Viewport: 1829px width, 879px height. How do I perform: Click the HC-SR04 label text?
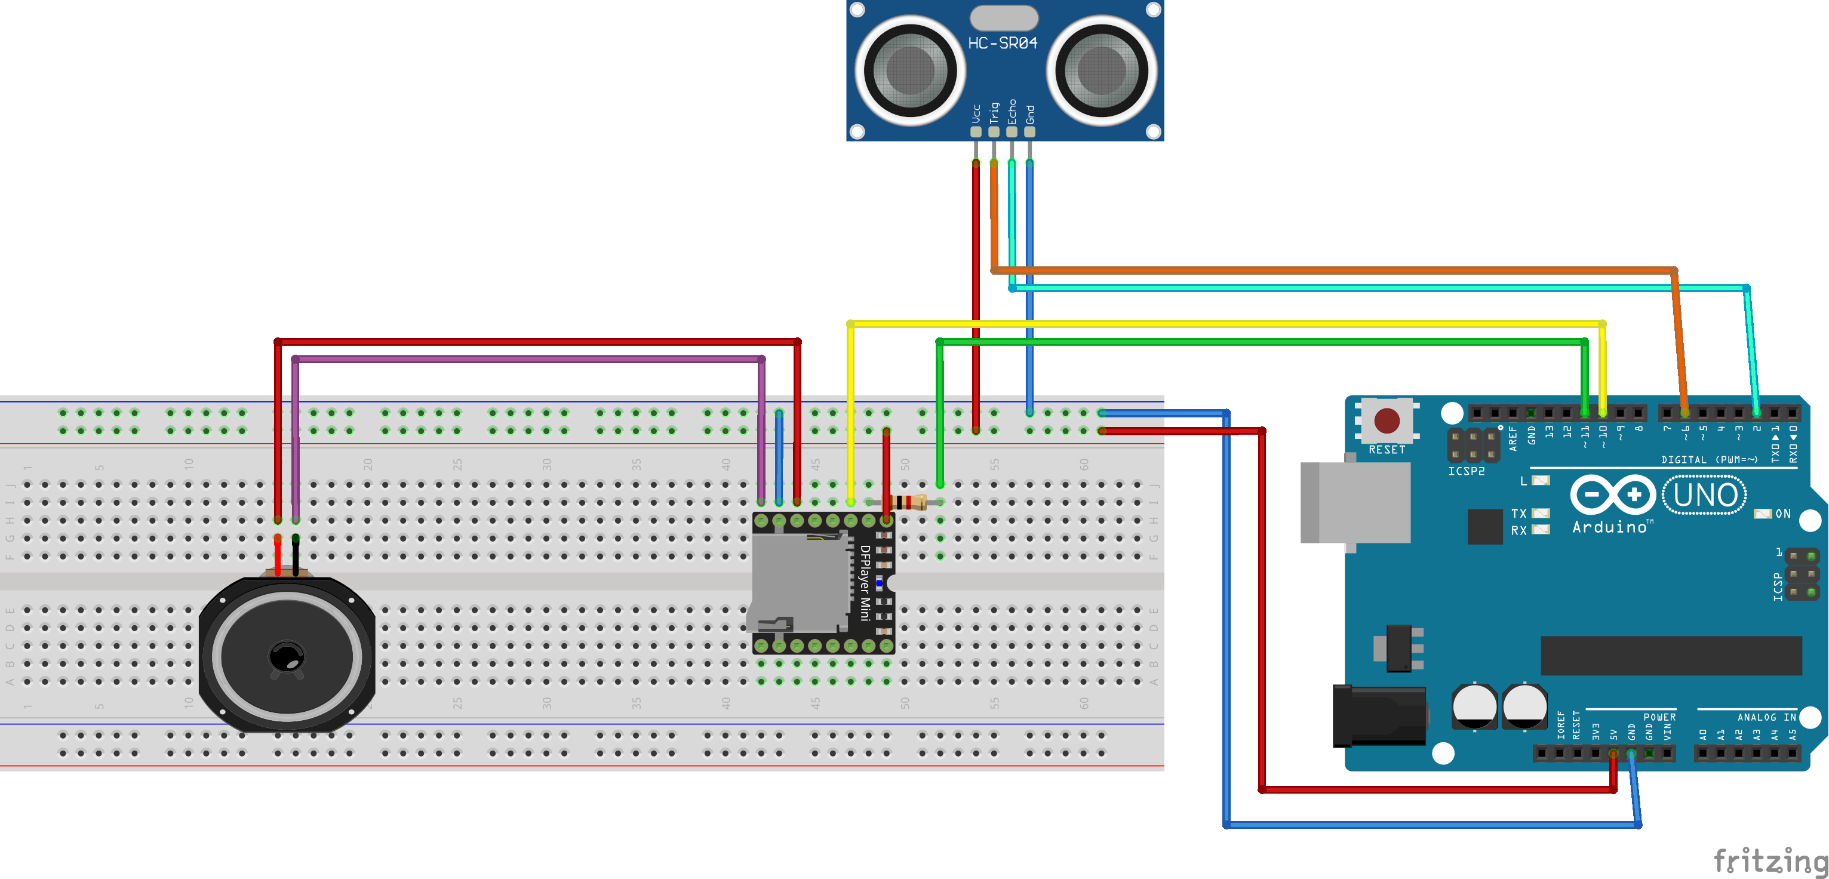click(1003, 44)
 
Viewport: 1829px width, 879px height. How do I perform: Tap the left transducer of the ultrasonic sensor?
click(909, 70)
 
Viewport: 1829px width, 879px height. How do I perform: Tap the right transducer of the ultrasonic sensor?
click(1101, 70)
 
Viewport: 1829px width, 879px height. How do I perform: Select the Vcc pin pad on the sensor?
click(976, 131)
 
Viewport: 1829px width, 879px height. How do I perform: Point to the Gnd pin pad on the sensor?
click(1029, 131)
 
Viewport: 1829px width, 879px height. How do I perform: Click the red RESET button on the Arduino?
click(1387, 420)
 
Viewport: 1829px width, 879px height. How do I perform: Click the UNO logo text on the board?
click(1705, 495)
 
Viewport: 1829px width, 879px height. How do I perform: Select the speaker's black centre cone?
click(287, 657)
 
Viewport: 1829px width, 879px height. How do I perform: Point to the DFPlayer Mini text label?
click(865, 582)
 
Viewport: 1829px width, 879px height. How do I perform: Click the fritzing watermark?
click(1770, 861)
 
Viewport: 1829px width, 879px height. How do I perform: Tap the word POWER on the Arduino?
click(1659, 717)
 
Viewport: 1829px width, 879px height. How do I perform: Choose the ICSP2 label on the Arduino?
click(1466, 471)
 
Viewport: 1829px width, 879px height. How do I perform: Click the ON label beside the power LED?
click(1783, 514)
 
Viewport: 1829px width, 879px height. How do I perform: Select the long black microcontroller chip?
click(1671, 655)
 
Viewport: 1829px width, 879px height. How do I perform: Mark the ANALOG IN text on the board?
click(1766, 717)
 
